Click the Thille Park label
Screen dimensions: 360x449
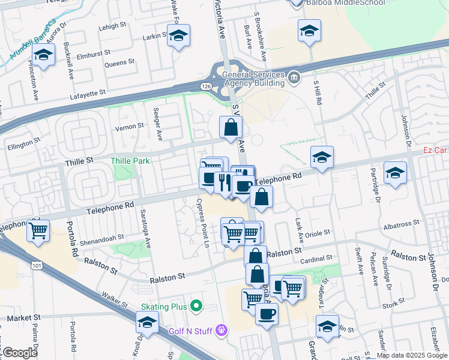tap(130, 161)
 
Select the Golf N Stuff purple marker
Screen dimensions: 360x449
tap(222, 329)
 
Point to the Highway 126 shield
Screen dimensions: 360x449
tap(205, 88)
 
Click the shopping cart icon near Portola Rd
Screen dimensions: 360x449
tap(38, 230)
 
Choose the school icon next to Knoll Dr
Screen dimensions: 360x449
tap(147, 323)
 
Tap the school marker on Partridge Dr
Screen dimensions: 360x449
tap(394, 173)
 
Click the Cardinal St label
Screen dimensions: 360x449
tap(316, 259)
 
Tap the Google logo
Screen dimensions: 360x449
tap(20, 353)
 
